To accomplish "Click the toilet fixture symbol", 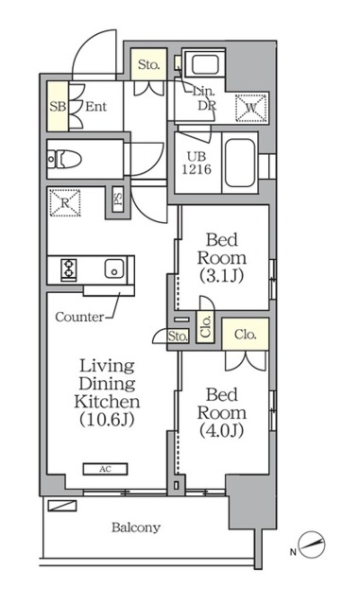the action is pyautogui.click(x=64, y=159).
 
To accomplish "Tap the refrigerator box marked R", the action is pyautogui.click(x=65, y=202).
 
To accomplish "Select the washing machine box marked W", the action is pyautogui.click(x=251, y=108).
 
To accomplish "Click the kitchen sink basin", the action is pyautogui.click(x=114, y=268).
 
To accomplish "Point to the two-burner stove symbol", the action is pyautogui.click(x=69, y=268).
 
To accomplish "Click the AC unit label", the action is pyautogui.click(x=105, y=469).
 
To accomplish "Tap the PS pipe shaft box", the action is pyautogui.click(x=118, y=199).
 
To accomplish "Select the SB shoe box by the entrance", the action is pyautogui.click(x=58, y=106).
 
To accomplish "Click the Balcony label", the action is pyautogui.click(x=136, y=527).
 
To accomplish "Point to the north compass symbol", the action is pyautogui.click(x=312, y=544).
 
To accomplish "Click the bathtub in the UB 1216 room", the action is pyautogui.click(x=240, y=163).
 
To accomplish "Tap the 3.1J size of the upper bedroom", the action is pyautogui.click(x=221, y=275).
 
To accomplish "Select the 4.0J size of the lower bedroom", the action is pyautogui.click(x=221, y=430).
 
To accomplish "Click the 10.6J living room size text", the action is pyautogui.click(x=107, y=419).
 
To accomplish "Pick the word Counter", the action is pyautogui.click(x=79, y=317).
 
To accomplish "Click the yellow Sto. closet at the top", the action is pyautogui.click(x=148, y=64).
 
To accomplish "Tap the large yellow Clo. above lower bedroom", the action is pyautogui.click(x=246, y=334).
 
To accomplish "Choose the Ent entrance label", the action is pyautogui.click(x=95, y=106).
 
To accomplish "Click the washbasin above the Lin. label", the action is pyautogui.click(x=205, y=63).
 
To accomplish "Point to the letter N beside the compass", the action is pyautogui.click(x=293, y=552).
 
